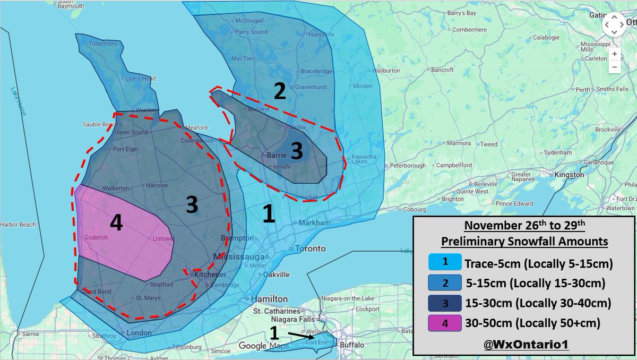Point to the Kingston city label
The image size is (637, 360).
tap(569, 174)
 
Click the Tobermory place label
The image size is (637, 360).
tap(103, 44)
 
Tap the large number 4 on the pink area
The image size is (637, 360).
tap(116, 223)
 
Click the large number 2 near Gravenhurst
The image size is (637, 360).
tap(280, 91)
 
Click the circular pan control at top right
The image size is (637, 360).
tap(613, 24)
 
